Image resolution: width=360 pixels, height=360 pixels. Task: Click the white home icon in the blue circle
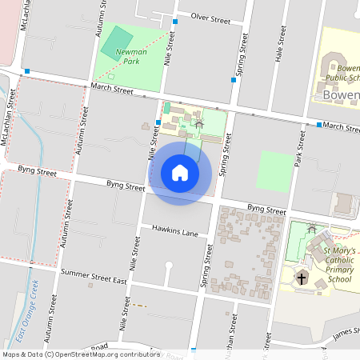pos(180,173)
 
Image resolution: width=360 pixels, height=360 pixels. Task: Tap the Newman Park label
pos(132,56)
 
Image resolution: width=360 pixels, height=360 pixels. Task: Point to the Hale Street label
pos(280,45)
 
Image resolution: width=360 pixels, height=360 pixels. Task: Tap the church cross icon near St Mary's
pos(302,278)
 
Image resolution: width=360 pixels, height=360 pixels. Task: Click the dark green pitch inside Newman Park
pos(118,42)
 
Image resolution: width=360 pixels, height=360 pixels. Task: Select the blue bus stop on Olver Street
pos(175,22)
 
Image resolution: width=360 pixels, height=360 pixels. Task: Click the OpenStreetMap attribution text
pos(81,354)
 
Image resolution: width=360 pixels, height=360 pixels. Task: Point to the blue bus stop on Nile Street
pos(158,122)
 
